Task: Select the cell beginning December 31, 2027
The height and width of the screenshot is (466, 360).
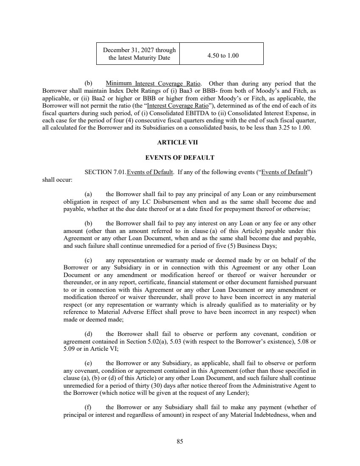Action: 139,54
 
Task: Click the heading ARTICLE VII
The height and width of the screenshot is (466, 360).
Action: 180,143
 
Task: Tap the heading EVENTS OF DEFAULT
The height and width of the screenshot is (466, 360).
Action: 180,158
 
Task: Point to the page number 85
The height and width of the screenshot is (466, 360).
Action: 180,442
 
